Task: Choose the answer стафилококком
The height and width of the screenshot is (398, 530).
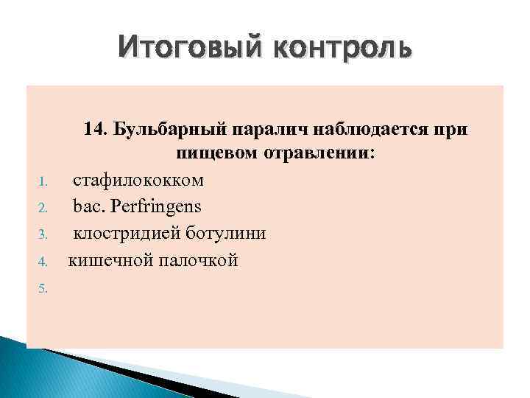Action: pos(138,181)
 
